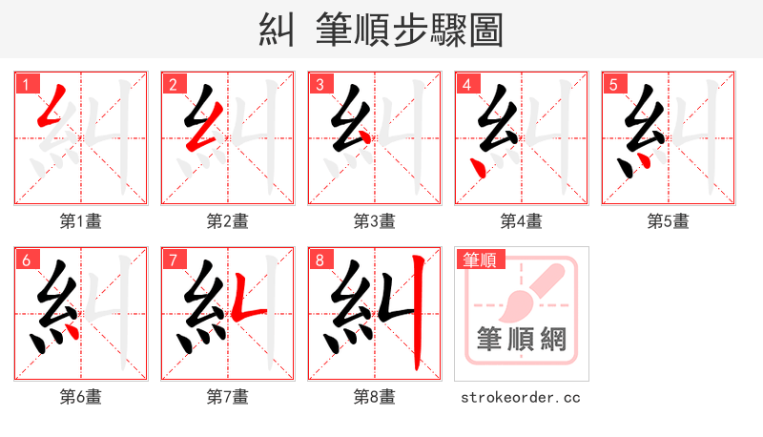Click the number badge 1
[25, 84]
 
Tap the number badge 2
[172, 84]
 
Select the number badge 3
[319, 84]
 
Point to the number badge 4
[465, 84]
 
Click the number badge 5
[612, 84]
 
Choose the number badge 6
[25, 260]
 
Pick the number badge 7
[172, 260]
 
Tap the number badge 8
[319, 260]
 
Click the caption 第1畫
[80, 221]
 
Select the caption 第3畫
[374, 221]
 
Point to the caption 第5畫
[668, 221]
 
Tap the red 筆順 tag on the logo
[481, 260]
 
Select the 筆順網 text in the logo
[521, 340]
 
